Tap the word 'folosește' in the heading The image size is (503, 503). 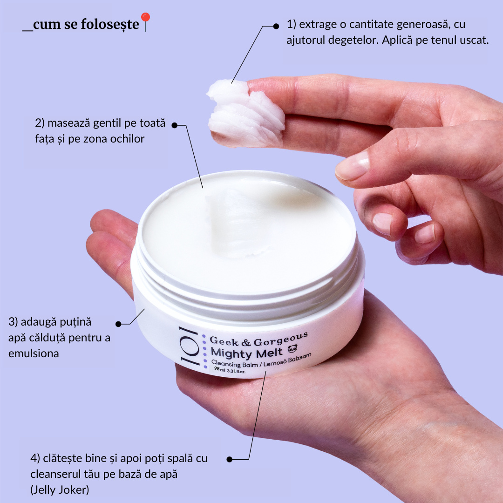coord(110,24)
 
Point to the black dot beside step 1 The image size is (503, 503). coord(276,26)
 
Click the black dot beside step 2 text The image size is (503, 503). coord(175,125)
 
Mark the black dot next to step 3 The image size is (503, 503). coord(118,324)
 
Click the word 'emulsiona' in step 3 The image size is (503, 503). coord(34,353)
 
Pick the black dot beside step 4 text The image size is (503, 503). coord(229,459)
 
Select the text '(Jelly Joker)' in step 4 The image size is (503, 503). coord(60,490)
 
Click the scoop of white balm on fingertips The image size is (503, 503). coord(246,113)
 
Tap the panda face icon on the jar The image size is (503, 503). coord(292,349)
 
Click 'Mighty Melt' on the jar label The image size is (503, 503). coord(246,353)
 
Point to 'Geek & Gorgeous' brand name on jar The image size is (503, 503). coord(258,340)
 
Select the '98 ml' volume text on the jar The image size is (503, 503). coord(220,369)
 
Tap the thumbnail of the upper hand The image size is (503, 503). coord(353,165)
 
